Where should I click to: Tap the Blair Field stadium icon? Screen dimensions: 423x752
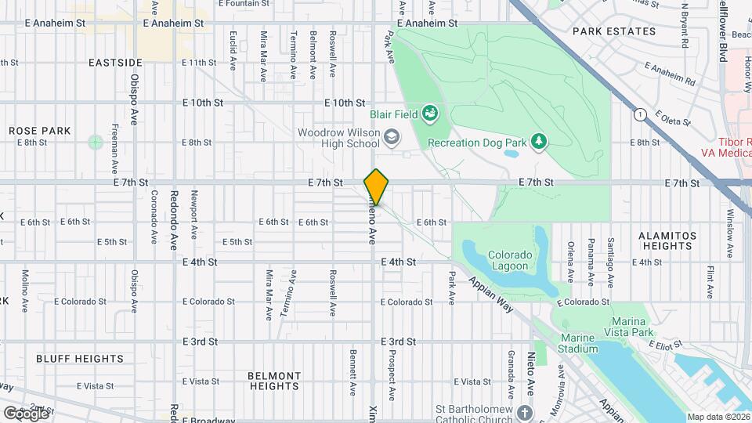pos(429,115)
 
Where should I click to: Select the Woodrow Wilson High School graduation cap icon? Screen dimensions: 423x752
pos(390,139)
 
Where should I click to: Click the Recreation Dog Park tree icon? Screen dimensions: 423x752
pos(538,141)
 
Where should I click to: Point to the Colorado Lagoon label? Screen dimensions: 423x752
pos(510,260)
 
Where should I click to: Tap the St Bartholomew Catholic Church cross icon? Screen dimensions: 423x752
pos(523,412)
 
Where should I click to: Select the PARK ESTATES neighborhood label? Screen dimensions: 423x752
pos(613,31)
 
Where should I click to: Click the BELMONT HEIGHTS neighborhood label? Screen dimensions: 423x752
pos(274,381)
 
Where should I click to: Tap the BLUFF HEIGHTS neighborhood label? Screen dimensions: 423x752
pos(80,359)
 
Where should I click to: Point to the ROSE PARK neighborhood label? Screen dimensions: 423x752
pos(40,131)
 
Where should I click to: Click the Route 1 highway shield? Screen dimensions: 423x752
pos(640,114)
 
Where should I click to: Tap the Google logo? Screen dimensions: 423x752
pos(25,412)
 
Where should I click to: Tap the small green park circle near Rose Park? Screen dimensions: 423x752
pos(96,142)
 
